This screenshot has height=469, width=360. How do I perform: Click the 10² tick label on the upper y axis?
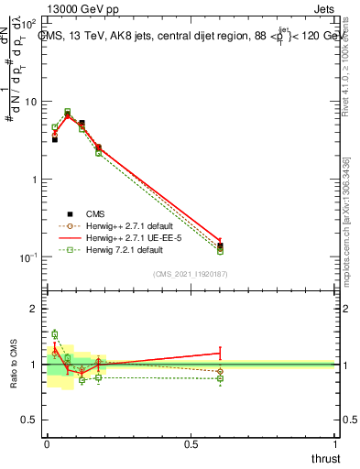[x=31, y=24]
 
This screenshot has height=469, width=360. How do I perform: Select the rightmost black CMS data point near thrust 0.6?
[x=220, y=245]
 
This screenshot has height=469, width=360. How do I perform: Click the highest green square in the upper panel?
[x=68, y=112]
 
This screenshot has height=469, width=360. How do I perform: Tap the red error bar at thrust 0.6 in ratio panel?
[x=220, y=352]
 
